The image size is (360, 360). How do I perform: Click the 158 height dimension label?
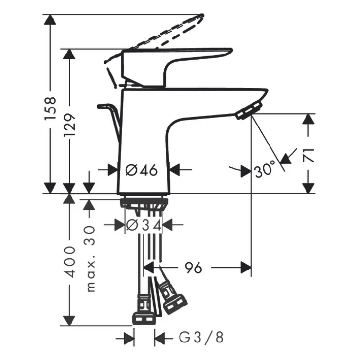50,108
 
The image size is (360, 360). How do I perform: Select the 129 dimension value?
70,125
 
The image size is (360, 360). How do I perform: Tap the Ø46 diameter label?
142,170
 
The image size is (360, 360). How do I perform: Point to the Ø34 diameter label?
144,225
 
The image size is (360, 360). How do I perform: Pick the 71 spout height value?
308,156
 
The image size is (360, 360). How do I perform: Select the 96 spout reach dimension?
194,268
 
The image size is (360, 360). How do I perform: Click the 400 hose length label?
70,262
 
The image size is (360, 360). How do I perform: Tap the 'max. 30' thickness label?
90,259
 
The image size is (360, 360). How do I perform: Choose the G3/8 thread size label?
201,338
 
